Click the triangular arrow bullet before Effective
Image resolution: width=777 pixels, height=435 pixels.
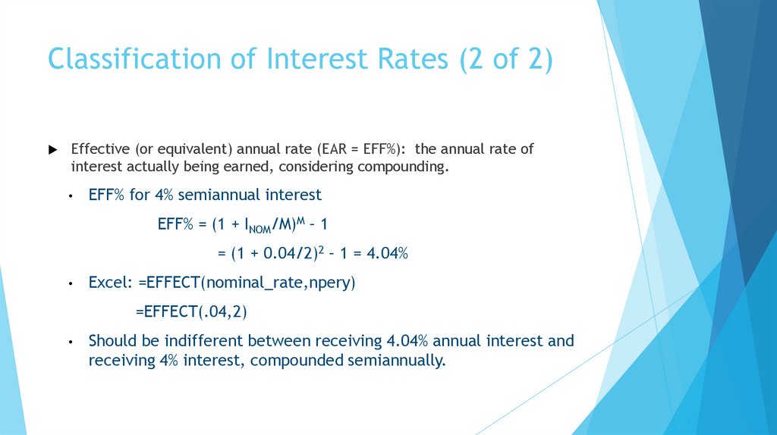pos(52,149)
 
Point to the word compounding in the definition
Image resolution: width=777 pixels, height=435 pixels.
pos(408,166)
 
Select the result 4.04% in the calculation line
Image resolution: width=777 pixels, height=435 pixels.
pos(388,253)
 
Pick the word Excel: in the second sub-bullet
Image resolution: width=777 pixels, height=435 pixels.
pos(111,283)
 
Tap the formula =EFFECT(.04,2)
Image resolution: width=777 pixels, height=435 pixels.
pos(192,311)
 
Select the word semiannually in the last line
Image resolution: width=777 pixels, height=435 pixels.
pos(395,360)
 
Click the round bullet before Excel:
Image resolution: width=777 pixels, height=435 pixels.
pos(70,283)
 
